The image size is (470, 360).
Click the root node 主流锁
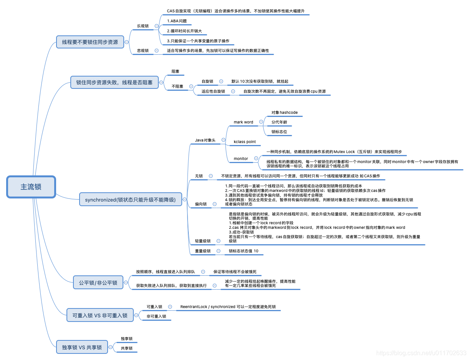(x=31, y=187)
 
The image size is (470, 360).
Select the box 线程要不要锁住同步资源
(x=90, y=42)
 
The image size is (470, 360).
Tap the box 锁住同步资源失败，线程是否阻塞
(x=115, y=82)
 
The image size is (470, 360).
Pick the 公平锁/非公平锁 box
(x=98, y=283)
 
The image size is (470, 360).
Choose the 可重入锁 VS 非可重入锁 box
(x=100, y=315)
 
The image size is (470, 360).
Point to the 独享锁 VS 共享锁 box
(x=82, y=347)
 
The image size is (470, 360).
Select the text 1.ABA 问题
(x=177, y=21)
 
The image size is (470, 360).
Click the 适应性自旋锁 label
(x=213, y=92)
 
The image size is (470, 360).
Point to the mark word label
(x=243, y=122)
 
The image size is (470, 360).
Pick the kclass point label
(x=244, y=142)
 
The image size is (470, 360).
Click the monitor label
(x=241, y=158)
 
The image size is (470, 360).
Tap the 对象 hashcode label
(x=284, y=113)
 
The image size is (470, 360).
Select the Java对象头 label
(x=205, y=140)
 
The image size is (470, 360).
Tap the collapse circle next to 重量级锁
(x=218, y=251)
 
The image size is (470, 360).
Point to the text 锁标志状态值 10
(x=244, y=251)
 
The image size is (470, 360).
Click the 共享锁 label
(x=126, y=348)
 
